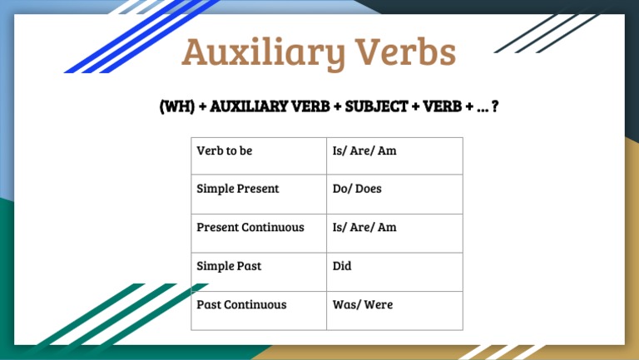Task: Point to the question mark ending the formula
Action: tap(496, 107)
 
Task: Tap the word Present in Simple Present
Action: tap(257, 189)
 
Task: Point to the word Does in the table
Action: tap(368, 189)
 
